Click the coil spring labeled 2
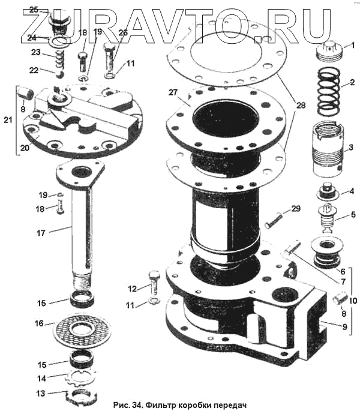pyautogui.click(x=329, y=92)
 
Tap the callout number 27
pyautogui.click(x=173, y=92)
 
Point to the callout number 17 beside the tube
pyautogui.click(x=41, y=233)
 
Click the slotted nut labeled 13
pyautogui.click(x=81, y=397)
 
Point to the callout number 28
pyautogui.click(x=301, y=105)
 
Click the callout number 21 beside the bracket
pyautogui.click(x=8, y=119)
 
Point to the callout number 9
pyautogui.click(x=344, y=326)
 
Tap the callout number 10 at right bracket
pyautogui.click(x=353, y=301)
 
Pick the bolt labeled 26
pyautogui.click(x=110, y=58)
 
